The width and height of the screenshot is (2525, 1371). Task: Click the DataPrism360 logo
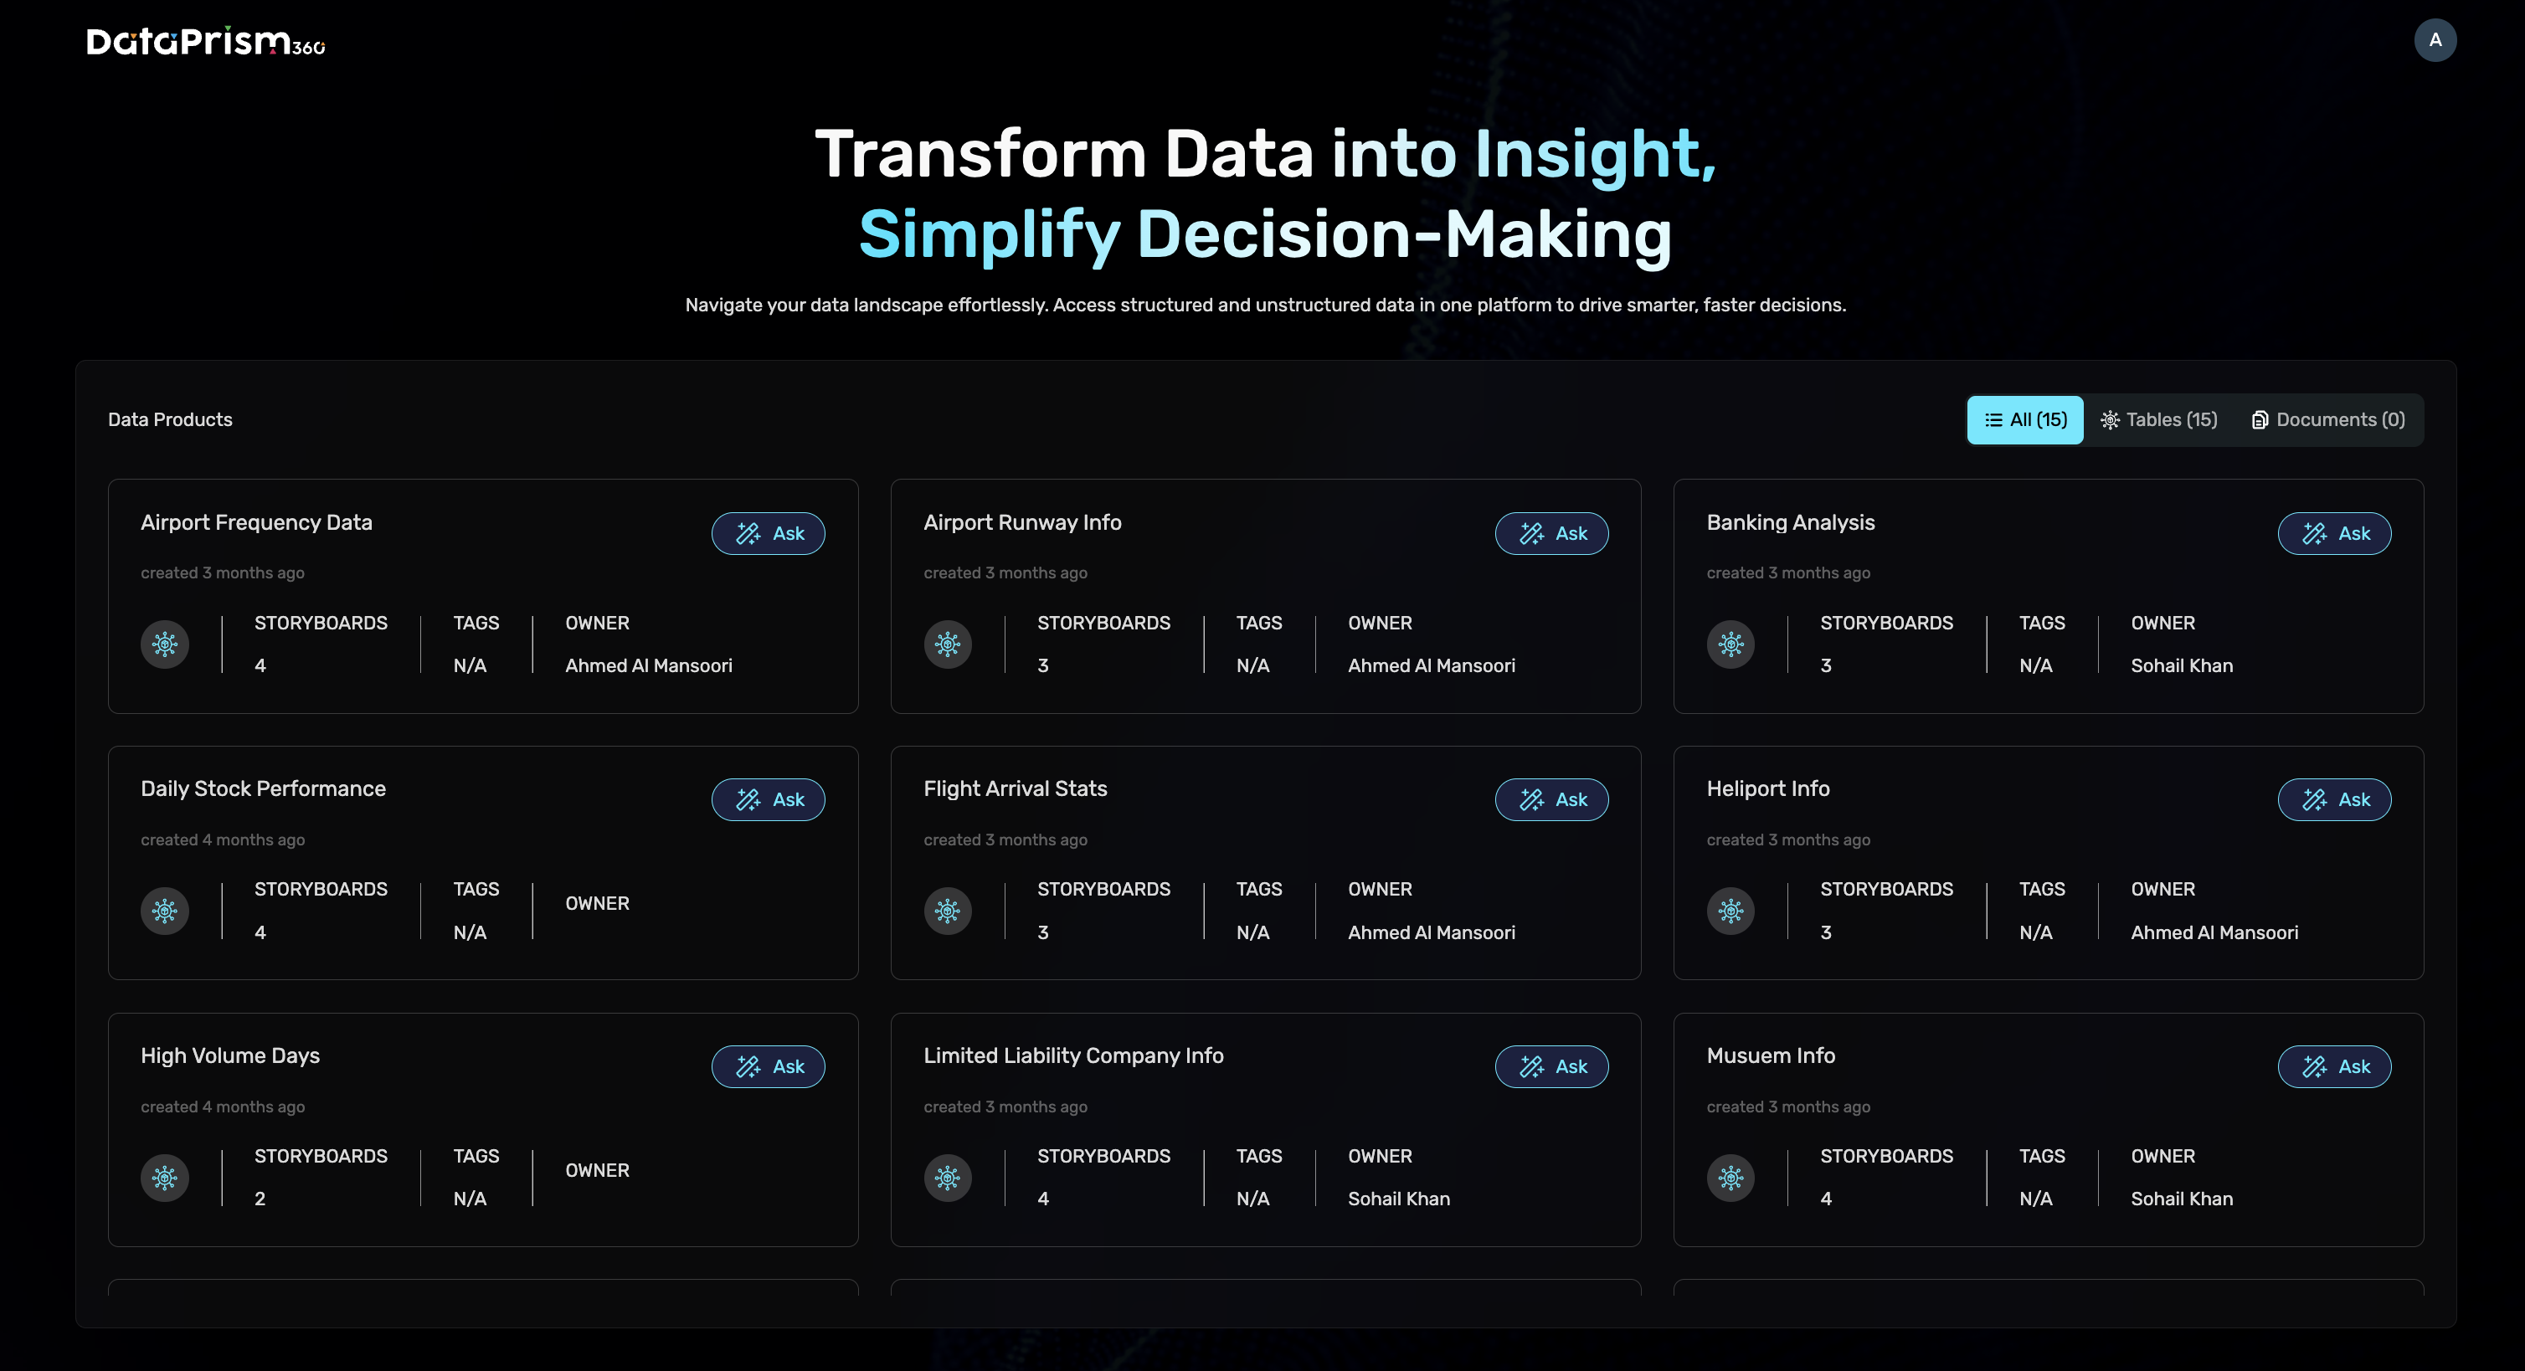click(206, 41)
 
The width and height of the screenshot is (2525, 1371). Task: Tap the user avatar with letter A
click(2435, 40)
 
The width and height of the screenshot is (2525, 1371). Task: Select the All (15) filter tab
click(2025, 419)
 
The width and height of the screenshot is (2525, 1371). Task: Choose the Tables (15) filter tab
click(2158, 419)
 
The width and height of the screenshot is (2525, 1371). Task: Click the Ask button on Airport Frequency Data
click(769, 533)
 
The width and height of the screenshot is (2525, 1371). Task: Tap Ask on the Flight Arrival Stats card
click(1551, 799)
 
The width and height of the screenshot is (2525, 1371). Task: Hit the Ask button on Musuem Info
click(2335, 1066)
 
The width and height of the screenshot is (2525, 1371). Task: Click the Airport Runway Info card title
click(1022, 522)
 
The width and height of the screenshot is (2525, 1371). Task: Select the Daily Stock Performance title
click(263, 789)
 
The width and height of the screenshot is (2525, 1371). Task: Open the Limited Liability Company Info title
click(1073, 1055)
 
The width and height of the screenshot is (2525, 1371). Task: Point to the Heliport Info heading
click(1768, 789)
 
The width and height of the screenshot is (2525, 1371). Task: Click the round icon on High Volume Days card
click(165, 1178)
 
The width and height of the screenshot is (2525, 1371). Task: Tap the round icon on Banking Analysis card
click(1731, 644)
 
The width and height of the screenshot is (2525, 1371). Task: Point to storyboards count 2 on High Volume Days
click(260, 1199)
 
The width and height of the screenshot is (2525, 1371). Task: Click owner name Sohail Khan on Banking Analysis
click(2182, 665)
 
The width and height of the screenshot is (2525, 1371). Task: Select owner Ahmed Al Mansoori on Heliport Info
click(2214, 932)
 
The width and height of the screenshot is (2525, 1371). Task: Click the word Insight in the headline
click(1595, 154)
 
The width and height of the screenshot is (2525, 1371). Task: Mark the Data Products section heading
click(170, 419)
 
